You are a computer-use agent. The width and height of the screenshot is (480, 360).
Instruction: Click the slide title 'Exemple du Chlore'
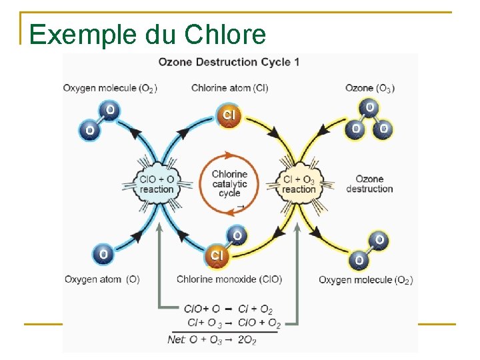(147, 34)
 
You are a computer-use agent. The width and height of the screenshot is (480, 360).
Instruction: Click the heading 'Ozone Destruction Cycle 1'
(229, 62)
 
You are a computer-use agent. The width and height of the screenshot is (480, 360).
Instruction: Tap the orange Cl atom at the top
(229, 115)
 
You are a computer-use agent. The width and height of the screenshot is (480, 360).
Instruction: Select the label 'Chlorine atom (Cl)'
(229, 88)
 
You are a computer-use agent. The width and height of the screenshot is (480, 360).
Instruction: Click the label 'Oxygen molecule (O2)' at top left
(110, 88)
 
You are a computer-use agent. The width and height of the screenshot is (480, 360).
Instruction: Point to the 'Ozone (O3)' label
(369, 88)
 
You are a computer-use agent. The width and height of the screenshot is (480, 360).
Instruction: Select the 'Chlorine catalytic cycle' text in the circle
(229, 184)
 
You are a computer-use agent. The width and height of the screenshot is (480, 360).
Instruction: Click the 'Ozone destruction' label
(369, 184)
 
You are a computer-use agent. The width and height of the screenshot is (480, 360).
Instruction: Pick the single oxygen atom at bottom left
(103, 254)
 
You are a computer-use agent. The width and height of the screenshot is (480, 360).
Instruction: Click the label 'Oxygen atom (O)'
(102, 279)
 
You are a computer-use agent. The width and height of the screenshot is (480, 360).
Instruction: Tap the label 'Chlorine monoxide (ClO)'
(229, 279)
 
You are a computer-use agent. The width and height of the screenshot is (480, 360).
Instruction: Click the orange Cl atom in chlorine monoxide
(217, 255)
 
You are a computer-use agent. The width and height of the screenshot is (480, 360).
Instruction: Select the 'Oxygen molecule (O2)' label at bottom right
(365, 280)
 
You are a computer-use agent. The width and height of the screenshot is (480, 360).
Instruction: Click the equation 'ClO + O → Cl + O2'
(229, 309)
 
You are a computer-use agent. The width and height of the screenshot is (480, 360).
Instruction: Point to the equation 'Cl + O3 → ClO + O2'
(233, 323)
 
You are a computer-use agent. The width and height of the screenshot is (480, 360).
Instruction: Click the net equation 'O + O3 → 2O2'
(212, 340)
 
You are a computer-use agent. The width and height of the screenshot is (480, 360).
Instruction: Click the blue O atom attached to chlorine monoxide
(237, 235)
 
